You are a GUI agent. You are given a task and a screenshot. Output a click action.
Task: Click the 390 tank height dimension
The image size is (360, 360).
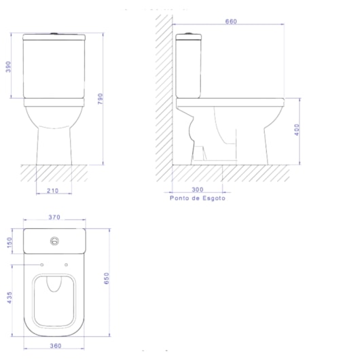tap(8, 67)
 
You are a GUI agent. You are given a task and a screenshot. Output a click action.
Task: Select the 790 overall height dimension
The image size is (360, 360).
tap(101, 98)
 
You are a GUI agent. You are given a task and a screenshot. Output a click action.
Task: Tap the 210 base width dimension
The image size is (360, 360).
tap(52, 191)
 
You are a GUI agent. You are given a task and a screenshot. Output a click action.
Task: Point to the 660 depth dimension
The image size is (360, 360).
tap(231, 21)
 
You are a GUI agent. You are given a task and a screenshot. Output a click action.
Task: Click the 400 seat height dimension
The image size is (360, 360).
tap(297, 130)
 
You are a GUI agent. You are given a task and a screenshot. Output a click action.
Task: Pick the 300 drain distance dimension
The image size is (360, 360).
tap(198, 190)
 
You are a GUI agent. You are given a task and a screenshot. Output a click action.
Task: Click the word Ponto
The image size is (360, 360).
tap(180, 198)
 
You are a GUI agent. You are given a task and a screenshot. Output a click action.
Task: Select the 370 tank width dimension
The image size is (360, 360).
tap(54, 217)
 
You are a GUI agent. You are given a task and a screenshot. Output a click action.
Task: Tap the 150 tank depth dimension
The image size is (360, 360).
tap(10, 242)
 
